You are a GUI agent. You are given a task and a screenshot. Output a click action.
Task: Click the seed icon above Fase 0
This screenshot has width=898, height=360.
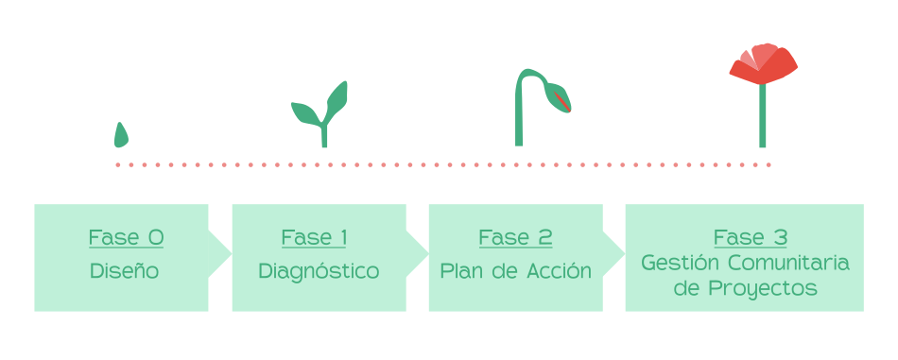tap(121, 136)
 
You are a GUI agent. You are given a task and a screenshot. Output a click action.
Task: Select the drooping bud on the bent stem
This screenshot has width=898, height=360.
tap(558, 97)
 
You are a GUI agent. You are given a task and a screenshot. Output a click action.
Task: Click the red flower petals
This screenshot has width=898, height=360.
tap(763, 64)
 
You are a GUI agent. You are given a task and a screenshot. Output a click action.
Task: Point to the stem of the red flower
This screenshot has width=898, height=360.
tap(762, 115)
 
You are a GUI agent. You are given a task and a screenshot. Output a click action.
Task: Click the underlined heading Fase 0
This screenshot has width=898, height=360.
tap(126, 237)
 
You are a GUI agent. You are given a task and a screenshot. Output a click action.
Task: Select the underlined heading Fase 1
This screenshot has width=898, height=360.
tap(314, 237)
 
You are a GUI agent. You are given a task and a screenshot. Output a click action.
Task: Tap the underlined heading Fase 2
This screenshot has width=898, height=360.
tap(515, 237)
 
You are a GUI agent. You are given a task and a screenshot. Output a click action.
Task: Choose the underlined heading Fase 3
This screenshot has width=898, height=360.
tap(751, 237)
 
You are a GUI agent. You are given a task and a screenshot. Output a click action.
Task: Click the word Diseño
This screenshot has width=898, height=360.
tap(124, 271)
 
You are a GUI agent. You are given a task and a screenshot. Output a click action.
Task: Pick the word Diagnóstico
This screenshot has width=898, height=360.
tap(319, 271)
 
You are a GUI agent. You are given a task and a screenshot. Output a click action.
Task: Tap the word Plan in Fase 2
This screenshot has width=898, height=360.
tap(457, 271)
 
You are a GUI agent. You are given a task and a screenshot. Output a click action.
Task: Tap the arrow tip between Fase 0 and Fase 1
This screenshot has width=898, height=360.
tap(232, 253)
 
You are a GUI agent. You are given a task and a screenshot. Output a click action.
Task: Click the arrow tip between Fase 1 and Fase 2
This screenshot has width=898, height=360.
tap(428, 253)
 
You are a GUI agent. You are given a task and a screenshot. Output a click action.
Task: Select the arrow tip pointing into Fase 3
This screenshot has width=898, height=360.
tap(625, 253)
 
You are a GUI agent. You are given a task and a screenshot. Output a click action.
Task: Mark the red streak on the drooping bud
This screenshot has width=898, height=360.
tap(561, 101)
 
